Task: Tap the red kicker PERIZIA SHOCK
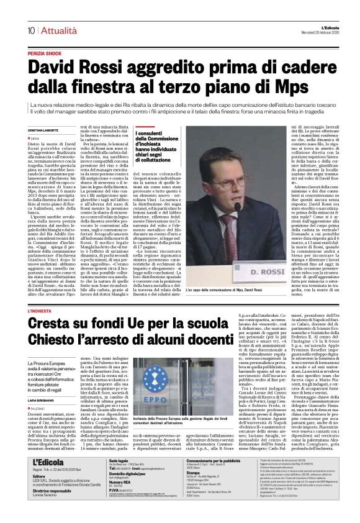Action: point(47,54)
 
